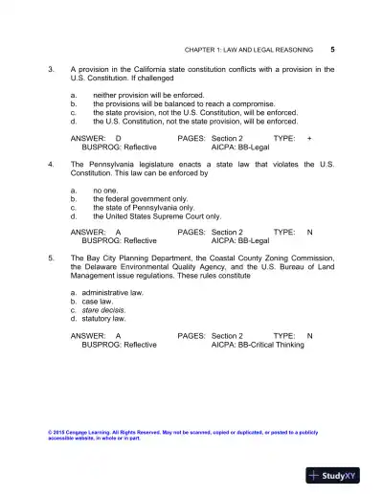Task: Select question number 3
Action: pyautogui.click(x=51, y=70)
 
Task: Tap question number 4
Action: pyautogui.click(x=51, y=165)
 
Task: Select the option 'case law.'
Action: pyautogui.click(x=97, y=302)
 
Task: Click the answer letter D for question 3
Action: pyautogui.click(x=118, y=139)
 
